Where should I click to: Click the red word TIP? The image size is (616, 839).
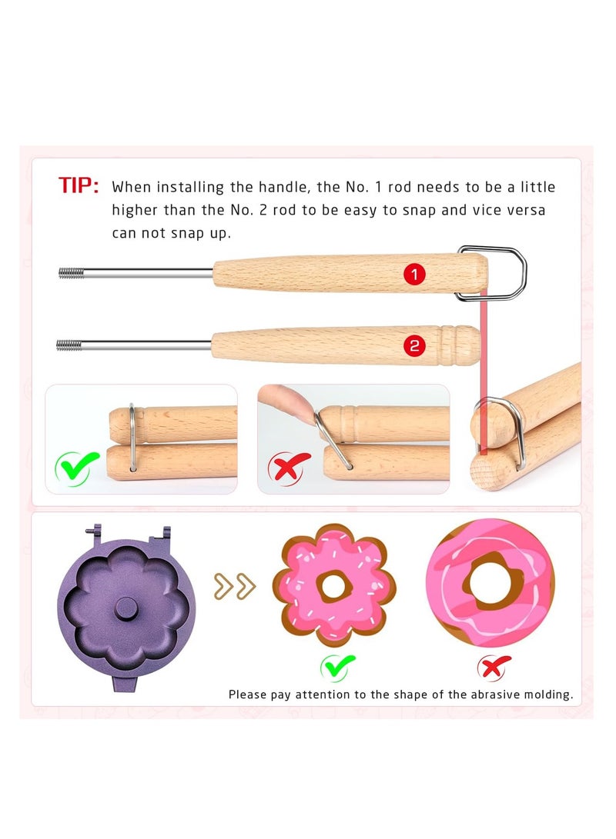(x=79, y=185)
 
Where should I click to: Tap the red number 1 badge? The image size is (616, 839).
(x=415, y=274)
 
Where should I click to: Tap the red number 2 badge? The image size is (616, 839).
(x=415, y=346)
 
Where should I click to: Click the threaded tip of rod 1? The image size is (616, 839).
(x=71, y=272)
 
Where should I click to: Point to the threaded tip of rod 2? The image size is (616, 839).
(x=69, y=345)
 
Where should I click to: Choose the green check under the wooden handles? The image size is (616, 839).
(x=77, y=466)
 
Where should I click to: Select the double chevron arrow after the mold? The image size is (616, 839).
(x=235, y=588)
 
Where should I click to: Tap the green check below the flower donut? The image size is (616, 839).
(x=338, y=665)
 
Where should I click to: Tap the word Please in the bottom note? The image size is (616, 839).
(x=247, y=694)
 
